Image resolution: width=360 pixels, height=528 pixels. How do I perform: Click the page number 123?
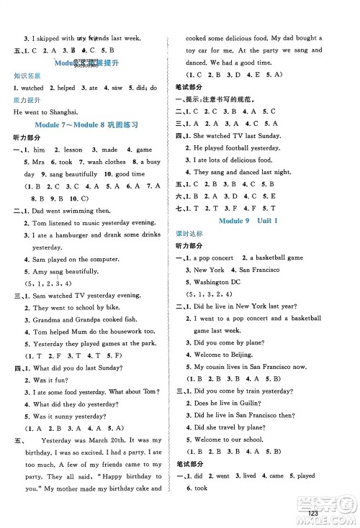pyautogui.click(x=312, y=511)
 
